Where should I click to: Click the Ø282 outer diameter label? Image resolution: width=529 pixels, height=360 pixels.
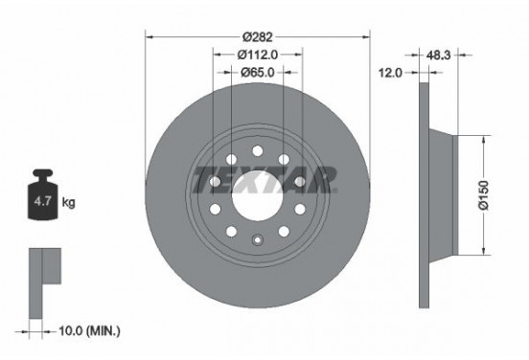(256, 37)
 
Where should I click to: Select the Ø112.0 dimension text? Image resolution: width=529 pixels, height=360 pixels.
(256, 55)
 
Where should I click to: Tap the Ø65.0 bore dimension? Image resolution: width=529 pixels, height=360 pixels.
(256, 72)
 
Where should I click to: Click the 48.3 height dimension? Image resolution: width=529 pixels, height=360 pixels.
(440, 55)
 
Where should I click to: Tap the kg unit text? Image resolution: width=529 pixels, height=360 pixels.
(68, 204)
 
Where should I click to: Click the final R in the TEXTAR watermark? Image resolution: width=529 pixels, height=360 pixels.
(324, 178)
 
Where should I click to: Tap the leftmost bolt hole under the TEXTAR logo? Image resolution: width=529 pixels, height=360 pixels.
(215, 209)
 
